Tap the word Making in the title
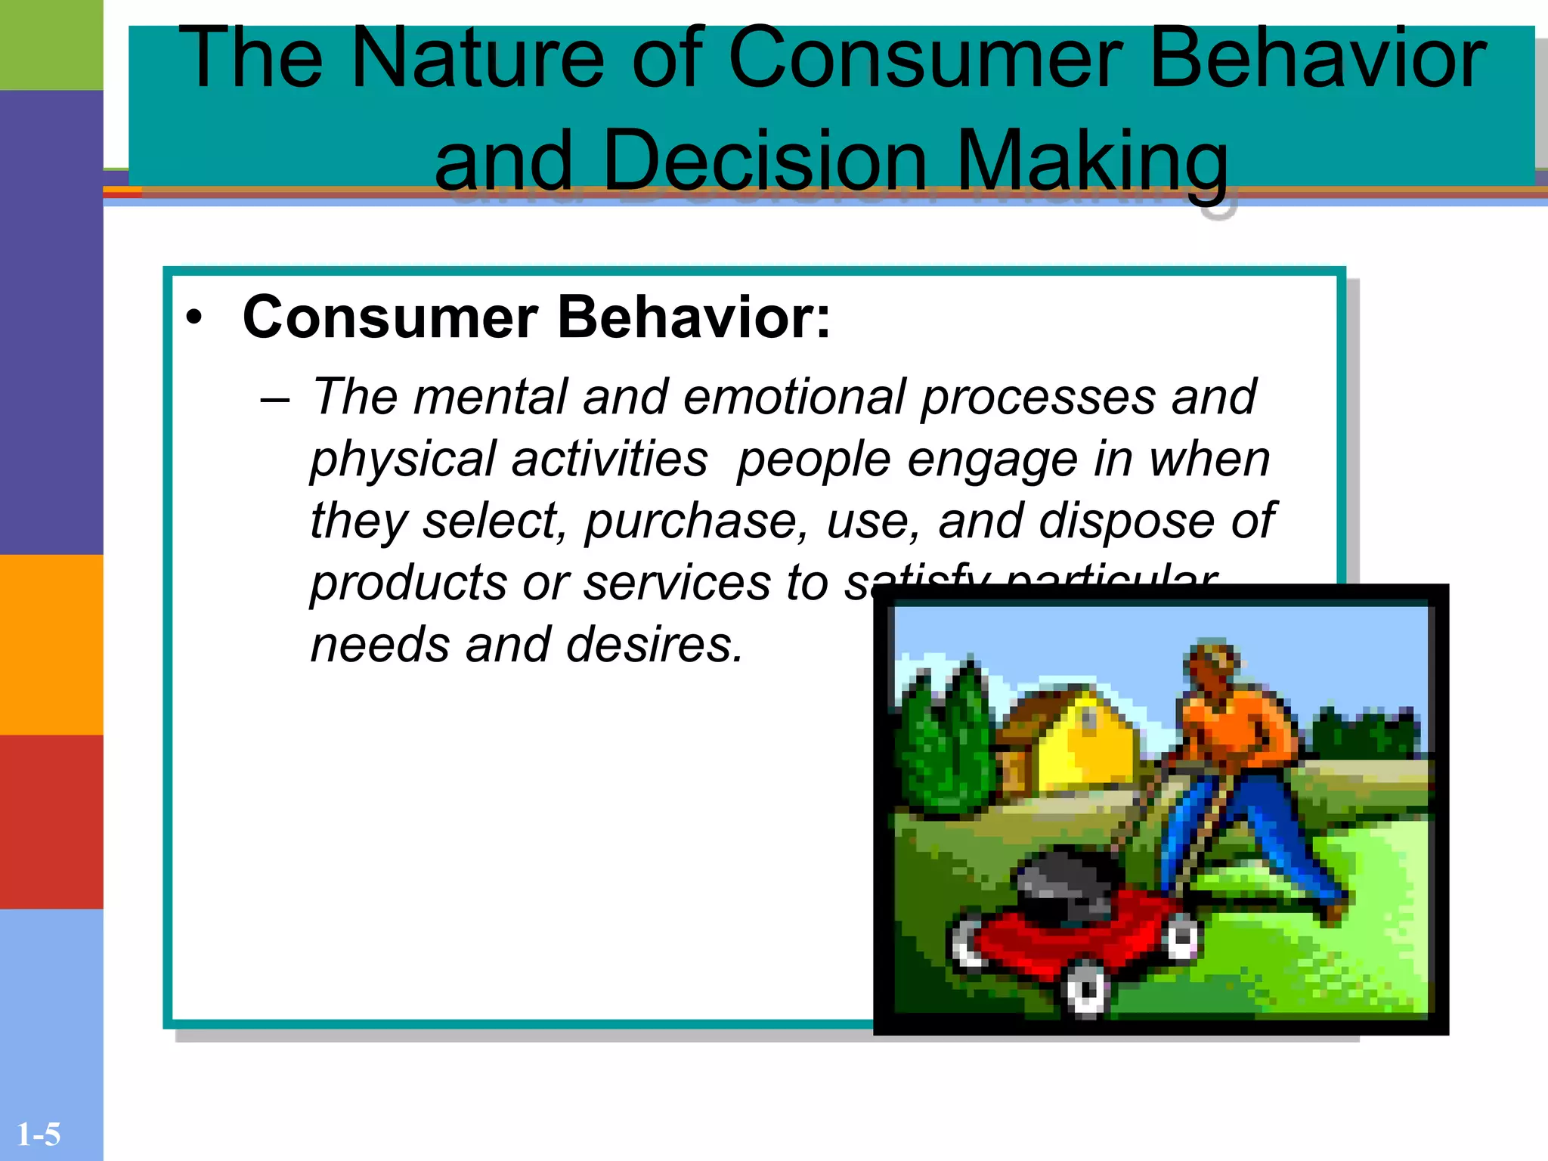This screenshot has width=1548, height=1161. [1092, 160]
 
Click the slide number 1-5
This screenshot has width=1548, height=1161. [38, 1135]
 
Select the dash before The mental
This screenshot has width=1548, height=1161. [274, 399]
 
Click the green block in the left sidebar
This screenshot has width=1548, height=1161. [51, 45]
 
